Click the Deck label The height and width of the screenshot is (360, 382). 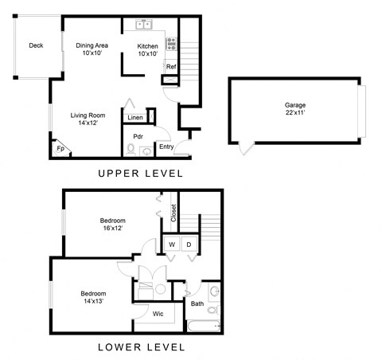[36, 45]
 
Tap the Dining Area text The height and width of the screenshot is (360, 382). [92, 49]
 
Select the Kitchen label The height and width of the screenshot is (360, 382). [148, 50]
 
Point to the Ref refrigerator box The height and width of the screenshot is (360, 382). [170, 67]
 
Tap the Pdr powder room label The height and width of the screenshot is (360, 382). [138, 135]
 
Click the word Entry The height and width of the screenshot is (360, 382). [166, 147]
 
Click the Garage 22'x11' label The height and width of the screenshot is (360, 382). [295, 109]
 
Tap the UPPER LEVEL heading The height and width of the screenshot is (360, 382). [141, 174]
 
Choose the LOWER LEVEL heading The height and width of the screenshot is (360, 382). [141, 347]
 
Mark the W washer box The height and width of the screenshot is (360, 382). [171, 245]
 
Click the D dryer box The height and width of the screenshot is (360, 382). [189, 245]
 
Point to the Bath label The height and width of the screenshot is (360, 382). [197, 303]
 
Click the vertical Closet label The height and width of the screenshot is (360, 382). [173, 213]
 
